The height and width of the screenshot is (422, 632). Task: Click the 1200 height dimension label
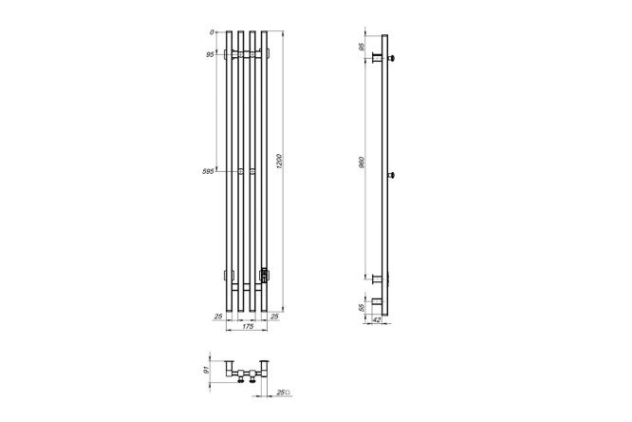(x=281, y=162)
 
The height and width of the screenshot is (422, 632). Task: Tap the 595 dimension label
(x=208, y=171)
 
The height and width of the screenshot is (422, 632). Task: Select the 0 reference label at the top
(x=212, y=32)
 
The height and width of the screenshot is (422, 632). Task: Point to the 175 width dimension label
(x=248, y=326)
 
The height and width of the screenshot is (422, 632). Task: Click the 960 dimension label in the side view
(x=362, y=163)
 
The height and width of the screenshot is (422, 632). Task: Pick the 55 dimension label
(x=362, y=307)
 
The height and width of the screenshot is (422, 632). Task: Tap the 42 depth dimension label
(x=376, y=320)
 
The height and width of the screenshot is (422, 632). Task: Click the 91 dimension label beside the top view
(x=207, y=370)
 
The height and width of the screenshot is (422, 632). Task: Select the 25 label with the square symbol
(x=284, y=393)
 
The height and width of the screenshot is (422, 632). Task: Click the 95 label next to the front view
(x=210, y=54)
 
